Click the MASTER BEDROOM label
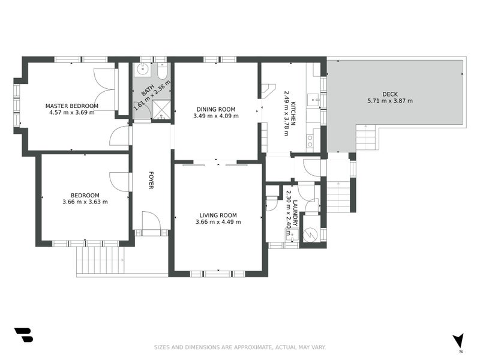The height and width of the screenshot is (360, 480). tap(71, 106)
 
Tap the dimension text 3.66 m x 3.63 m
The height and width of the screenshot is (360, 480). tap(85, 202)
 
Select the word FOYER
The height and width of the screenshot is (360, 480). tap(152, 180)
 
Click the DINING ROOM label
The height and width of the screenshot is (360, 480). tap(216, 109)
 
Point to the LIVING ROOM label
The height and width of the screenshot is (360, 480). tap(218, 215)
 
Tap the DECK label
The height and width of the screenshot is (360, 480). tap(389, 94)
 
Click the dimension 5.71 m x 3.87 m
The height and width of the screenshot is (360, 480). tap(389, 101)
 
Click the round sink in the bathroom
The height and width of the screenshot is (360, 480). tap(142, 70)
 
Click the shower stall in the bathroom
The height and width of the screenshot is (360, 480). tap(160, 109)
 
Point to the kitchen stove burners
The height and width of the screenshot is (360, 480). tap(310, 140)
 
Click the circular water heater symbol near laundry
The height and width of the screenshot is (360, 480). tap(311, 235)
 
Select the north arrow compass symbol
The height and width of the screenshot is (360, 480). tap(459, 341)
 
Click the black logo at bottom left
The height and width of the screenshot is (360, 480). tap(23, 335)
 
